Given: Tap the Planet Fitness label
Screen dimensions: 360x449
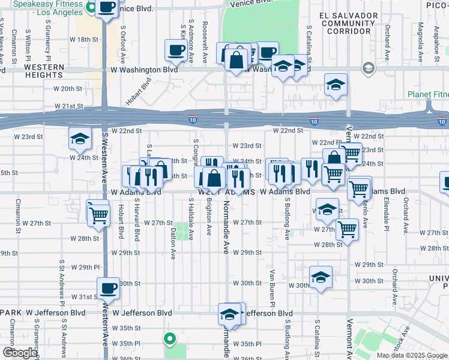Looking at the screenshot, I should [427, 94].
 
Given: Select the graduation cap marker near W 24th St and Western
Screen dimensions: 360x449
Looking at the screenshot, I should [80, 139].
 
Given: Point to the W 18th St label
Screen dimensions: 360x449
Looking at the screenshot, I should [83, 39].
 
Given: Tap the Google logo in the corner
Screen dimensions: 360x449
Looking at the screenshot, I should [19, 353].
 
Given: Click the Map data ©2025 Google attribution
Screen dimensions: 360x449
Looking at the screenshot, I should [411, 355].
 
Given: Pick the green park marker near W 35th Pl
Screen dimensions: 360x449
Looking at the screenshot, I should [169, 339].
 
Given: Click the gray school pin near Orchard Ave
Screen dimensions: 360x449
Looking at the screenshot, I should [367, 68].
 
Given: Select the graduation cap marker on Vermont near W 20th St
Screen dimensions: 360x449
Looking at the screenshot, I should [336, 85].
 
